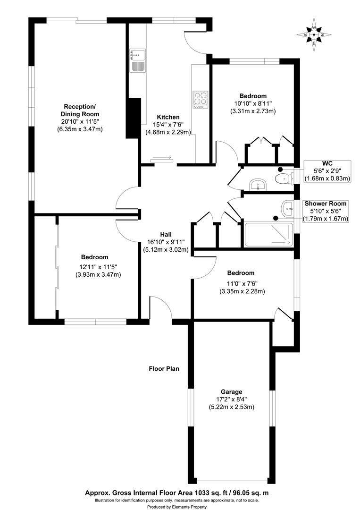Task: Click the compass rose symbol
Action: [314, 34]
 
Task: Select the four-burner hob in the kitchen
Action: [200, 99]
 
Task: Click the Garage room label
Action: [231, 392]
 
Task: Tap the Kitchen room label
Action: [168, 117]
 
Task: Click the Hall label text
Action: [166, 234]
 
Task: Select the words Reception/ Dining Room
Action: [80, 110]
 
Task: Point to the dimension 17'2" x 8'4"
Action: [231, 399]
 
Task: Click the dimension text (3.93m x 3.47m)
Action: [98, 274]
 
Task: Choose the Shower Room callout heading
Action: [325, 204]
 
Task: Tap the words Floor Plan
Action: [164, 369]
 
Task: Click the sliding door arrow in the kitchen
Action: [162, 158]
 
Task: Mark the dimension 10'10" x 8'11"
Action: [252, 103]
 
